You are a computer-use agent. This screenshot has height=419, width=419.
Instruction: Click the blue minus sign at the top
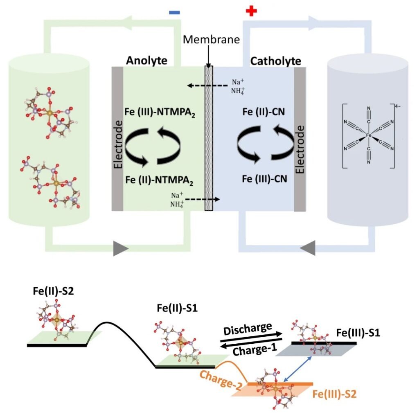click(175, 13)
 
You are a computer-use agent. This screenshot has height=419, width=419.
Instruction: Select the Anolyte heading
click(146, 61)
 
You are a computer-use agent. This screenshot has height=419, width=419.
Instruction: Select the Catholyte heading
click(275, 61)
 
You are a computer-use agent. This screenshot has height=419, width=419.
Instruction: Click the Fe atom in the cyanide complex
click(369, 135)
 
